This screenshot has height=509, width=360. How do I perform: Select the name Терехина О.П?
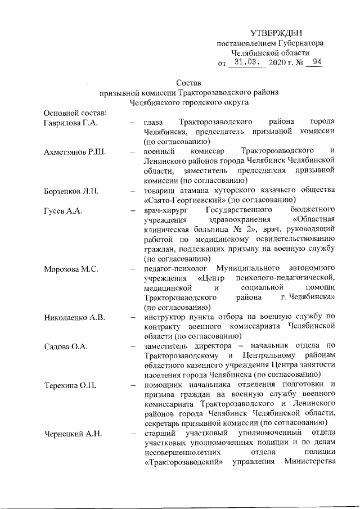point(69,385)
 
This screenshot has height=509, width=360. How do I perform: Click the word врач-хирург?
point(166,211)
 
